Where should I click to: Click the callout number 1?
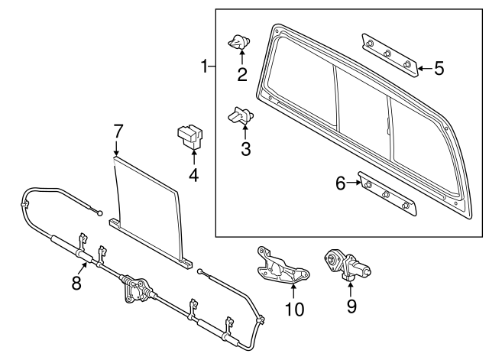pyautogui.click(x=204, y=67)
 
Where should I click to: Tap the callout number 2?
pyautogui.click(x=242, y=74)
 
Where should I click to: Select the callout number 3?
pyautogui.click(x=245, y=148)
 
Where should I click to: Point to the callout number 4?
pyautogui.click(x=193, y=175)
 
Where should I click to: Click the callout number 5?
pyautogui.click(x=438, y=68)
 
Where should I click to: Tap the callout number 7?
pyautogui.click(x=118, y=131)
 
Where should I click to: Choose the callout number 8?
pyautogui.click(x=76, y=283)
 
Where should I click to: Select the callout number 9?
pyautogui.click(x=351, y=305)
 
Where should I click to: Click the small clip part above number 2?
pyautogui.click(x=241, y=43)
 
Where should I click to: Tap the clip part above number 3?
pyautogui.click(x=241, y=116)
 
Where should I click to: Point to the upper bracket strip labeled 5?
pyautogui.click(x=390, y=54)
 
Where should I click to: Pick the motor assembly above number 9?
pyautogui.click(x=348, y=267)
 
